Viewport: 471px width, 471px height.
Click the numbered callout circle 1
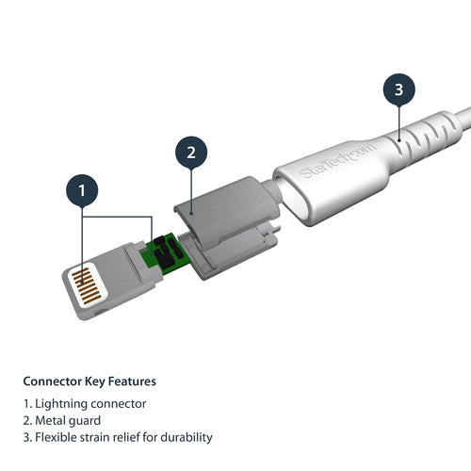(83, 192)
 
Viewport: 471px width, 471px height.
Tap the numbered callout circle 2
(191, 153)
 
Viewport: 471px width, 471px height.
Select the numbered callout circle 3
(398, 90)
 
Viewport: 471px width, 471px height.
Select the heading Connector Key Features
(89, 382)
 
